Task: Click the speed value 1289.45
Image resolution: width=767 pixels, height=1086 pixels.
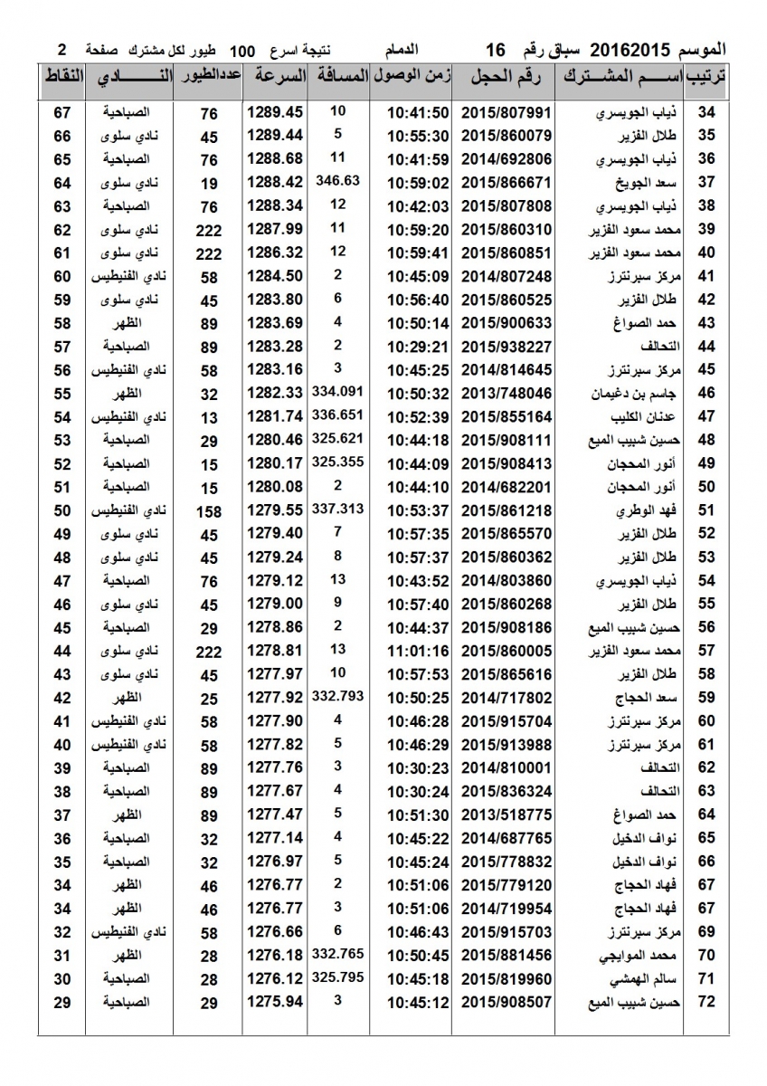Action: click(274, 113)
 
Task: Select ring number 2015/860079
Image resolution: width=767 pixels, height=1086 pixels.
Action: click(506, 137)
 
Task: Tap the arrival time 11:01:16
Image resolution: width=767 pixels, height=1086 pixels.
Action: click(418, 651)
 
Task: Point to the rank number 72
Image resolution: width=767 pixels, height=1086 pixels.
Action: click(706, 1002)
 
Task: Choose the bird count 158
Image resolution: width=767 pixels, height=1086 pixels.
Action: click(209, 511)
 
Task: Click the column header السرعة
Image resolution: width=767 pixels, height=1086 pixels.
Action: click(277, 78)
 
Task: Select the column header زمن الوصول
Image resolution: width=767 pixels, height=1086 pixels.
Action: click(412, 78)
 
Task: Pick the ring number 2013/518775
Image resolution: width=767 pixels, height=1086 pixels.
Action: click(506, 814)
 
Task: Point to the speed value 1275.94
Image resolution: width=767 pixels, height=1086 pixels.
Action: click(274, 1002)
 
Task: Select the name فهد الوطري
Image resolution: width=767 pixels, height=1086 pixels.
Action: click(643, 511)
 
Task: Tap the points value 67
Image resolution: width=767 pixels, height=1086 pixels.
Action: click(62, 113)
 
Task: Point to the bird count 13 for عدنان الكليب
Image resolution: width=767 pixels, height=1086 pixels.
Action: click(209, 417)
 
